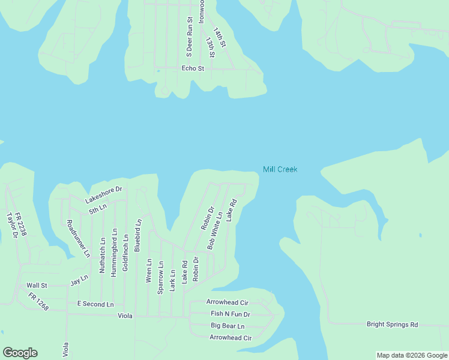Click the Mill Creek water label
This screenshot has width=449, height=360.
pyautogui.click(x=280, y=170)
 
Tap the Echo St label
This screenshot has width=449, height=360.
pyautogui.click(x=193, y=68)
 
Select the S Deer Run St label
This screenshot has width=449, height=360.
pyautogui.click(x=189, y=37)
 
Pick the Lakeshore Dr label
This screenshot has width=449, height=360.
pyautogui.click(x=103, y=193)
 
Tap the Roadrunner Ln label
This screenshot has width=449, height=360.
pyautogui.click(x=78, y=238)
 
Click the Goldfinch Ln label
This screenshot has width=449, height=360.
pyautogui.click(x=125, y=253)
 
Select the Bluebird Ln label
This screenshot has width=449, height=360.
pyautogui.click(x=138, y=235)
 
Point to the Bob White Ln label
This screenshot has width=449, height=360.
pyautogui.click(x=215, y=230)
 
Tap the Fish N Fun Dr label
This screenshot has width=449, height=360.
pyautogui.click(x=230, y=314)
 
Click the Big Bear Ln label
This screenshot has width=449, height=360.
pyautogui.click(x=228, y=326)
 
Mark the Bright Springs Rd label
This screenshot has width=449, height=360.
pyautogui.click(x=392, y=324)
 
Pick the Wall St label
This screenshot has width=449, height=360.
pyautogui.click(x=37, y=286)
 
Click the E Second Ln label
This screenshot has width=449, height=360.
pyautogui.click(x=95, y=304)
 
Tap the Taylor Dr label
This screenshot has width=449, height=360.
pyautogui.click(x=11, y=226)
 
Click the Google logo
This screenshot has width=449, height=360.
pyautogui.click(x=20, y=353)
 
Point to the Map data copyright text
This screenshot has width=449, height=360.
pyautogui.click(x=412, y=355)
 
